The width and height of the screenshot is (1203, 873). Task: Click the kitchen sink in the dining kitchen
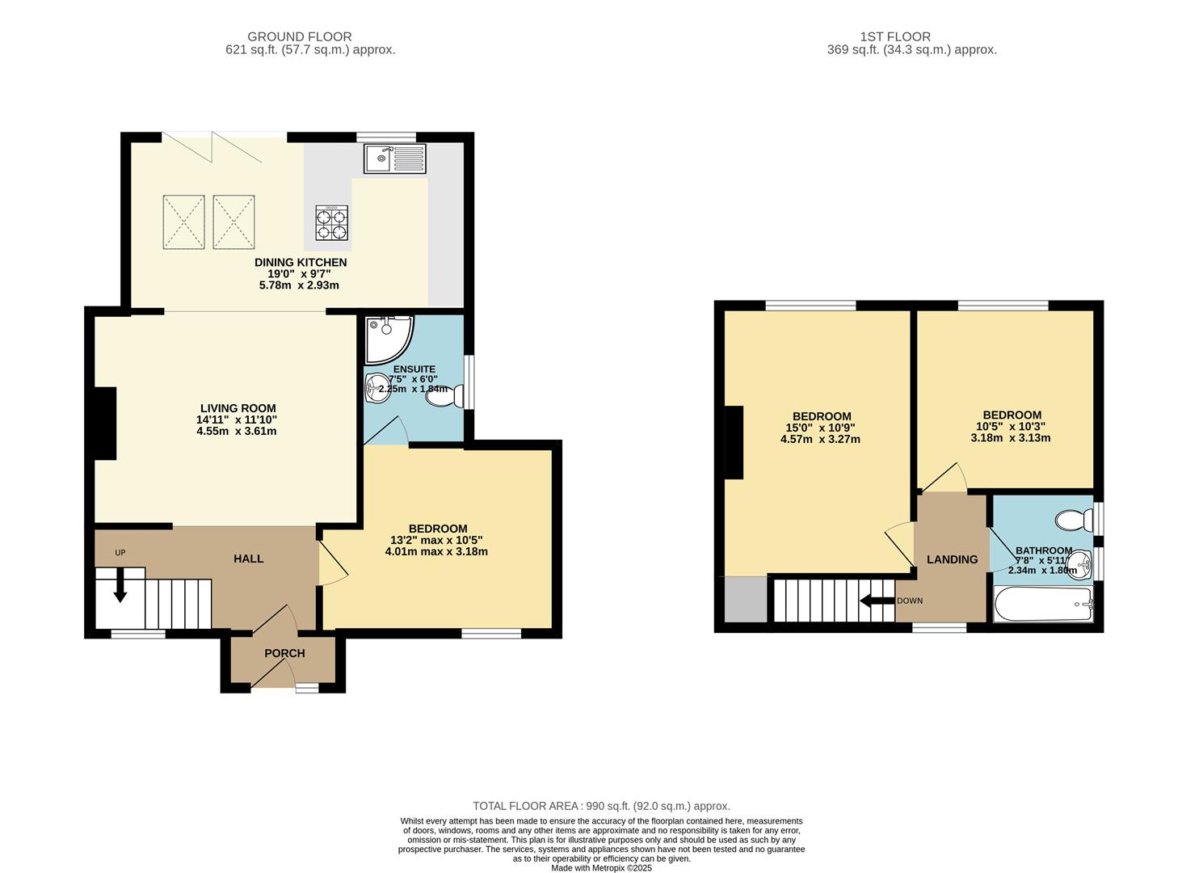point(395,158)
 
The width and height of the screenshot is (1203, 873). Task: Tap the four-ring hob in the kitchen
point(331,222)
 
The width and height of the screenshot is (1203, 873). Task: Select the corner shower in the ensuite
point(389,340)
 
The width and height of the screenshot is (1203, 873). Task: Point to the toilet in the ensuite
point(445,397)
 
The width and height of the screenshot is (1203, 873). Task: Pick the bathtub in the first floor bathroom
point(1043,605)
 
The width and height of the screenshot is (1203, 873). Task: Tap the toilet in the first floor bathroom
point(1074,520)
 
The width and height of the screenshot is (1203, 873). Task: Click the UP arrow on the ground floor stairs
point(120,584)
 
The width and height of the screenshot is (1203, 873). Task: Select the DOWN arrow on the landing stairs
point(877,601)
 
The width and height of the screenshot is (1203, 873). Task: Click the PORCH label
point(284,653)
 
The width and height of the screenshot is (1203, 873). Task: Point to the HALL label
point(249,559)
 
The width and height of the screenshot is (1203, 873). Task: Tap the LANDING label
point(953,559)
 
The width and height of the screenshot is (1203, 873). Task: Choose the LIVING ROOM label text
point(238,408)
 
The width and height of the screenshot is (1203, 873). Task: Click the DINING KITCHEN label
point(301,262)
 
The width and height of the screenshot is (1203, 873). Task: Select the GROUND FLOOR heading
point(300,36)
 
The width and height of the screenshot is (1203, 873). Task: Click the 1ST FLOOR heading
point(895,36)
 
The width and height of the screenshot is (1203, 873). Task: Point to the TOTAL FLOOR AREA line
point(601,806)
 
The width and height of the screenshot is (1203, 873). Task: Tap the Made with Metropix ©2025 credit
point(601,867)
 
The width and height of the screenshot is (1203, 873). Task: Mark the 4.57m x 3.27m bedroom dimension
point(820,439)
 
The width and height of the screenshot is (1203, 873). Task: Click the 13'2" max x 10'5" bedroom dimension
point(436,540)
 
